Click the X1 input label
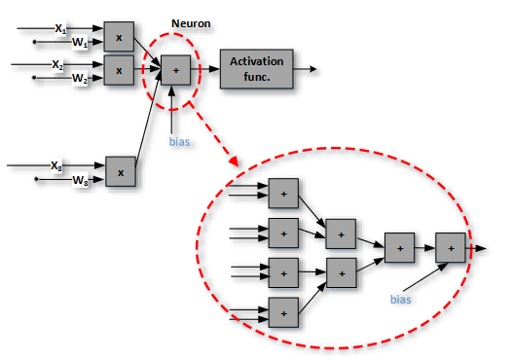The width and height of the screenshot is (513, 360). pos(60,30)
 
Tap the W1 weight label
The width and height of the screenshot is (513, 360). pos(80,44)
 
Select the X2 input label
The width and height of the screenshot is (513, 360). pos(58,65)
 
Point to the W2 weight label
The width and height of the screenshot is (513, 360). pos(79,80)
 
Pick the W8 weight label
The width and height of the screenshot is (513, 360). pos(80,180)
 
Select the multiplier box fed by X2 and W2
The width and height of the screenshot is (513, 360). pos(119,70)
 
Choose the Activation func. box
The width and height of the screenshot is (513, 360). pos(256,68)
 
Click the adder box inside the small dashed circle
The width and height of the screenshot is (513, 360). pos(174,70)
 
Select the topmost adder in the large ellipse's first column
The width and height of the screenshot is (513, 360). pos(283,193)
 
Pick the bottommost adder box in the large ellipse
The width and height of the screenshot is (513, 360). pos(283,311)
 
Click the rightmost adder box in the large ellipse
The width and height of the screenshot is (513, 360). pos(451,249)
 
